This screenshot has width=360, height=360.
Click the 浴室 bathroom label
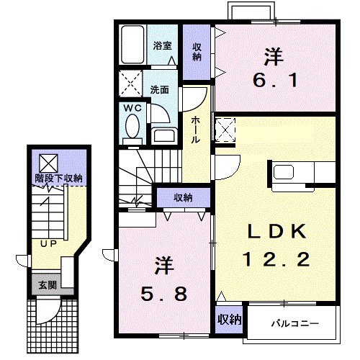(x=163, y=45)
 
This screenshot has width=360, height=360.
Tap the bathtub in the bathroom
(x=132, y=45)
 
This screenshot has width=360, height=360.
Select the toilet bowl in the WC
(x=132, y=126)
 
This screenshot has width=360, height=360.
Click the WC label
(x=132, y=108)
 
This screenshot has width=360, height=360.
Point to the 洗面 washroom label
(x=160, y=90)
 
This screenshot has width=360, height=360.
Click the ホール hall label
(x=196, y=130)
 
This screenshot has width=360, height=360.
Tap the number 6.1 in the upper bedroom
(x=275, y=81)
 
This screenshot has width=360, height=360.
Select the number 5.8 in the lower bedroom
(x=163, y=294)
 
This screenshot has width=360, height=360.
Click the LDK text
(x=277, y=231)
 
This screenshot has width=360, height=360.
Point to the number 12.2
(x=276, y=260)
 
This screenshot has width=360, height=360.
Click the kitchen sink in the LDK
(x=284, y=172)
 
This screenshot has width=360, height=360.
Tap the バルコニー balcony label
(x=295, y=324)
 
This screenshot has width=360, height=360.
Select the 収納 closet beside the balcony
(x=229, y=320)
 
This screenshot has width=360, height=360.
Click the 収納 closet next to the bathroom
(x=197, y=52)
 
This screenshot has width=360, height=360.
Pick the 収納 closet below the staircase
(x=184, y=198)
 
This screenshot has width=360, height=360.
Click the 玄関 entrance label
(x=48, y=285)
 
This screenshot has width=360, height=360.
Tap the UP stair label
(x=48, y=244)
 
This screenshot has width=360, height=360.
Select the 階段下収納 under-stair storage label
(x=59, y=179)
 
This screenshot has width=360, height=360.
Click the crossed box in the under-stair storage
(x=49, y=163)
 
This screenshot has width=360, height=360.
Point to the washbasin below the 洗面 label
(x=164, y=135)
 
